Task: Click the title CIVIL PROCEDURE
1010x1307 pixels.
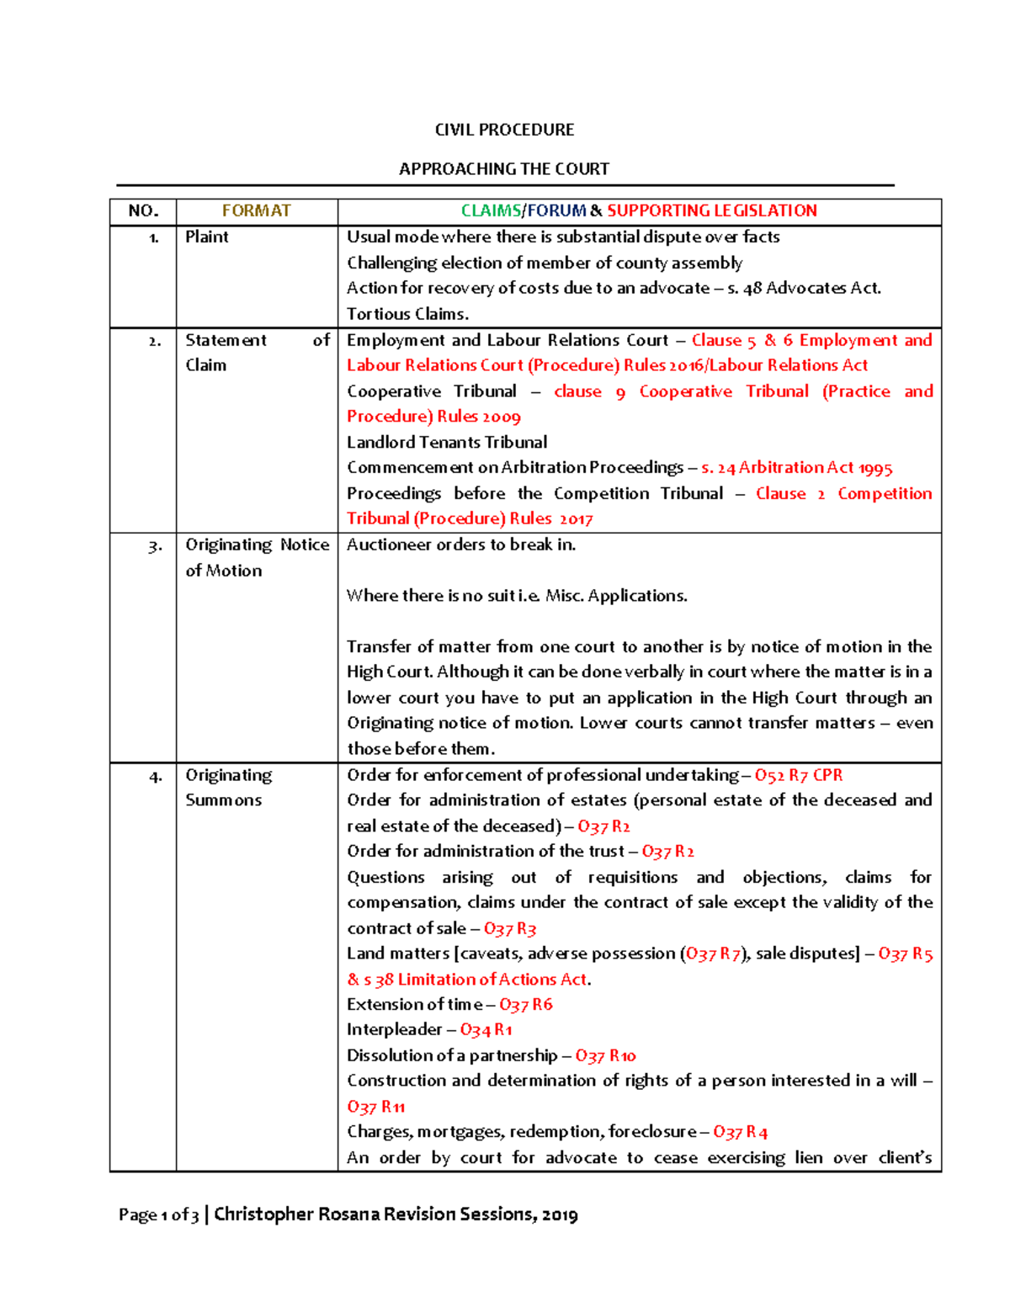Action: point(504,130)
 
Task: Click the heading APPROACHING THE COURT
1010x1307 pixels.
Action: point(504,168)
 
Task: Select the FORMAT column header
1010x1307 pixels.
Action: point(256,210)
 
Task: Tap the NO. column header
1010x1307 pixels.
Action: point(143,210)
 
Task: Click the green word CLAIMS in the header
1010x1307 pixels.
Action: point(491,210)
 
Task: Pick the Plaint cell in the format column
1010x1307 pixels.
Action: point(207,236)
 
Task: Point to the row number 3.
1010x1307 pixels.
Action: point(155,546)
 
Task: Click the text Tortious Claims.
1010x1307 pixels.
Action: point(407,314)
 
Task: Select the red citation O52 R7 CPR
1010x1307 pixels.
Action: point(798,775)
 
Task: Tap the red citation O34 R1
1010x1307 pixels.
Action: point(486,1029)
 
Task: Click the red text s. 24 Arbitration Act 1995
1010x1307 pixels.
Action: point(796,467)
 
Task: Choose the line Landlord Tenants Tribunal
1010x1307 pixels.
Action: point(447,442)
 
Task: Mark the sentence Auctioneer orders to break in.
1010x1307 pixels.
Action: point(461,545)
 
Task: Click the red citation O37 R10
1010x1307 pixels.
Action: point(605,1055)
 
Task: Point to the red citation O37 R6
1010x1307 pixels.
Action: point(525,1004)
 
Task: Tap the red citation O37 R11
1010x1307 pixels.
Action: point(375,1107)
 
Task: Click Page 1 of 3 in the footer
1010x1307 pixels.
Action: point(158,1214)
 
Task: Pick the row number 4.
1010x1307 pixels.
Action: point(155,776)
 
